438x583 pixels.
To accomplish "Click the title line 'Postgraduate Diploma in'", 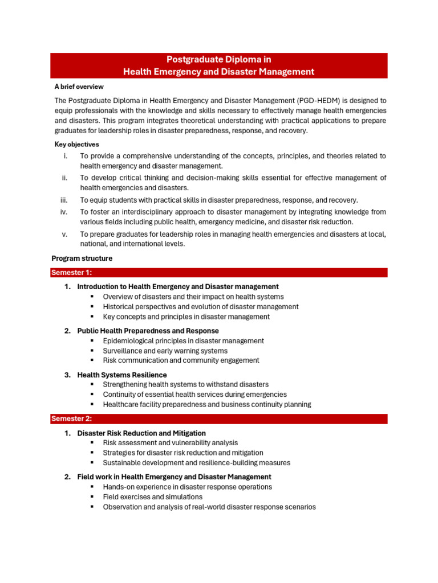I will point(219,59).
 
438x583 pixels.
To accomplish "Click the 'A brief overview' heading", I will point(79,87).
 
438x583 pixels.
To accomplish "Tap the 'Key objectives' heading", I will point(76,144).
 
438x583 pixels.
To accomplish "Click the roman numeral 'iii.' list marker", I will point(64,200).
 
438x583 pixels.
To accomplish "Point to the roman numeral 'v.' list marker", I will point(65,234).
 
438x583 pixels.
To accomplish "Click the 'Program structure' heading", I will point(82,258).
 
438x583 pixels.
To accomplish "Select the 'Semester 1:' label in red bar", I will point(72,273).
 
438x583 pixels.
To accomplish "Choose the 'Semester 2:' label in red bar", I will point(72,419).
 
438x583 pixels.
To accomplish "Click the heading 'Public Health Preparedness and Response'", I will point(148,331).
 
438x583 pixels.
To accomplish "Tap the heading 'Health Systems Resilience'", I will point(122,375).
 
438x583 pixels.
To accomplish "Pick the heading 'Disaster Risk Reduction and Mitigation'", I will point(141,433).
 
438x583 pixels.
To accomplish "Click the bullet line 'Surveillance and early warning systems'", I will point(165,351).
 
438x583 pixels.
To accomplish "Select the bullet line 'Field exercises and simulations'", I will point(152,497).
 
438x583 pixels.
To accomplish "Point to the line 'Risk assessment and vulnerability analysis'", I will point(170,443).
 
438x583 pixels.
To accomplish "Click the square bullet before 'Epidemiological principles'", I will point(91,341).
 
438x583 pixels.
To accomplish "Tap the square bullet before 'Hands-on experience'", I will point(91,487).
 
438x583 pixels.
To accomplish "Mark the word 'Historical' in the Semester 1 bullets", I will point(118,307).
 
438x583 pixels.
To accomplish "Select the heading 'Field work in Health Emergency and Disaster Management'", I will point(174,477).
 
